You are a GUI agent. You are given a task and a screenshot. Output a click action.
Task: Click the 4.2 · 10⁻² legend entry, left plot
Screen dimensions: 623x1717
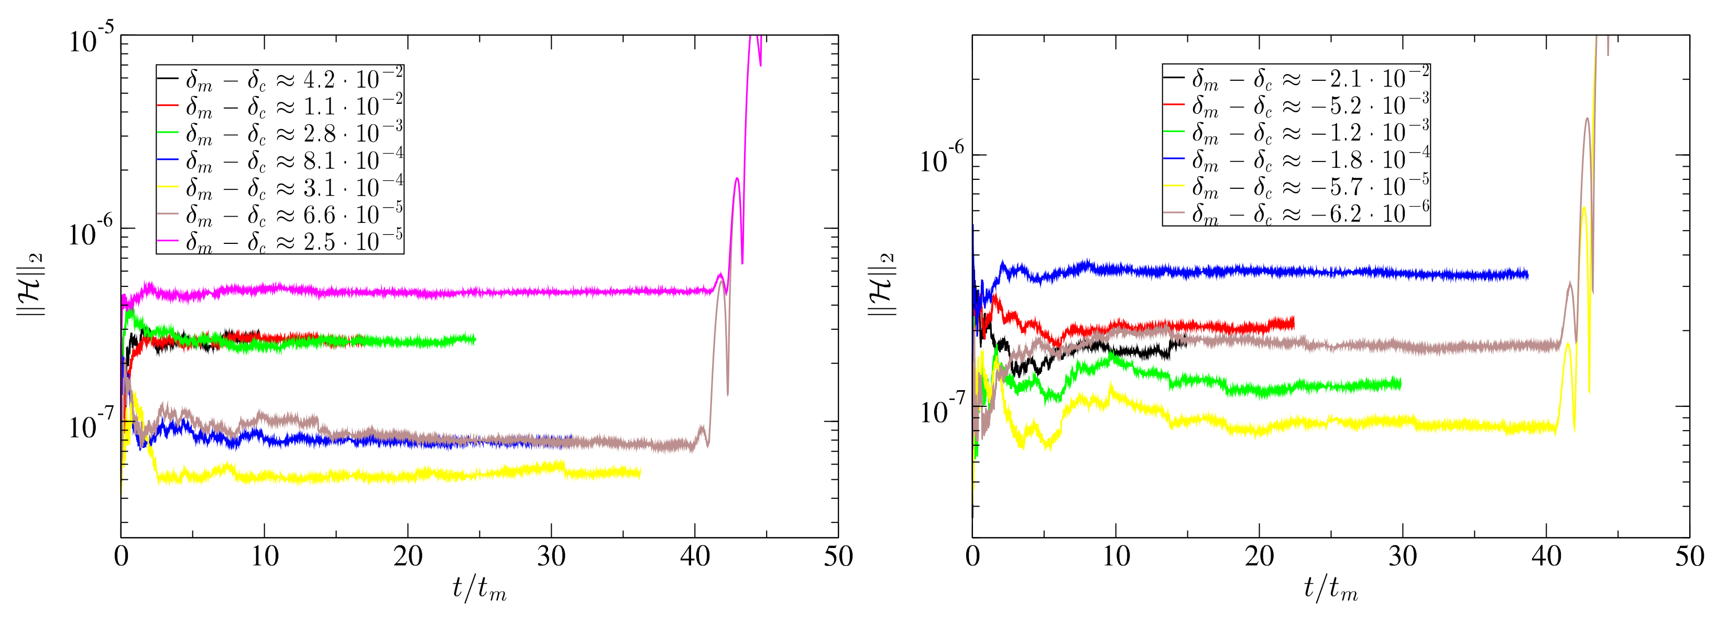pyautogui.click(x=280, y=79)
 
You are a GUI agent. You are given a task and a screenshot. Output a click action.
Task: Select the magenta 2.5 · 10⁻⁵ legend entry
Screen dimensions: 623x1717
pyautogui.click(x=280, y=241)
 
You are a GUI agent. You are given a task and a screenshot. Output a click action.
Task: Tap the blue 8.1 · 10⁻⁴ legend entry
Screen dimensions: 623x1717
pyautogui.click(x=280, y=161)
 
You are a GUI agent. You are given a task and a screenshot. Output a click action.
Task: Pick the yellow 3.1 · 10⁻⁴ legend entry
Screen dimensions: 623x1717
pyautogui.click(x=280, y=187)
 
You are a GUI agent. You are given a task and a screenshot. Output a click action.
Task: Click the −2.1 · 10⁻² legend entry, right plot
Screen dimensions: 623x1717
pyautogui.click(x=1296, y=79)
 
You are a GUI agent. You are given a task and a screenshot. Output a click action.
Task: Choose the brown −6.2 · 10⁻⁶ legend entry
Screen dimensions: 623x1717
pyautogui.click(x=1296, y=213)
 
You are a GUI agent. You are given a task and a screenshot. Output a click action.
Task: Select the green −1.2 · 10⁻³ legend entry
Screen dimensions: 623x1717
pyautogui.click(x=1296, y=133)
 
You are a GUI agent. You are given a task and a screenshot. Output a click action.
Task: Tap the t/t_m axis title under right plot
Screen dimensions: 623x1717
pyautogui.click(x=1330, y=588)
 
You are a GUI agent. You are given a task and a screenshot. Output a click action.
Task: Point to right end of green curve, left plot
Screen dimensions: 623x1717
pyautogui.click(x=475, y=339)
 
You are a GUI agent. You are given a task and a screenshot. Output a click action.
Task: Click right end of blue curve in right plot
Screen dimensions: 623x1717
pyautogui.click(x=1527, y=274)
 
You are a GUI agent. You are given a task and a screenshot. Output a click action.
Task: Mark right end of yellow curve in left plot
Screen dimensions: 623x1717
pyautogui.click(x=640, y=473)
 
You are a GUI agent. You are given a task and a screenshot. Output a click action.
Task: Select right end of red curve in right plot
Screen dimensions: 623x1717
pyautogui.click(x=1293, y=323)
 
